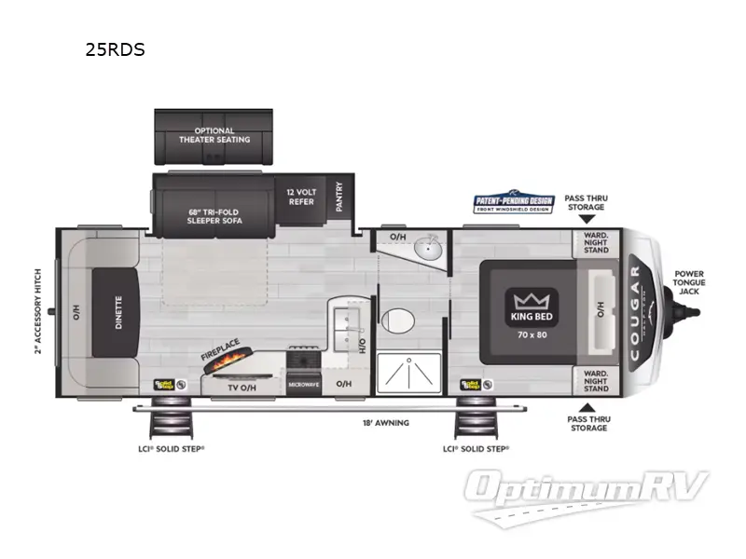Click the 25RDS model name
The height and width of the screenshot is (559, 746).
coord(115,50)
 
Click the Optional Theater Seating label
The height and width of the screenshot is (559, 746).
coord(214,135)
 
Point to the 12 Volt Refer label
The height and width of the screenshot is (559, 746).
coord(300,196)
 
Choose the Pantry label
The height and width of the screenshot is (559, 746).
coord(339,196)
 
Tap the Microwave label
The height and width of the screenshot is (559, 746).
coord(304,383)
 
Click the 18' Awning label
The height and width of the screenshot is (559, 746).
coord(385,423)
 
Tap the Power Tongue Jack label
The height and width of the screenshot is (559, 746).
coord(690,282)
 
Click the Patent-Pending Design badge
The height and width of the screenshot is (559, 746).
coord(514,203)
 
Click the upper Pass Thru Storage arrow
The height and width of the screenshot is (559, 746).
coord(586,217)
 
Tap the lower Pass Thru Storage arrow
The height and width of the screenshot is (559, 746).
coord(586,406)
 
